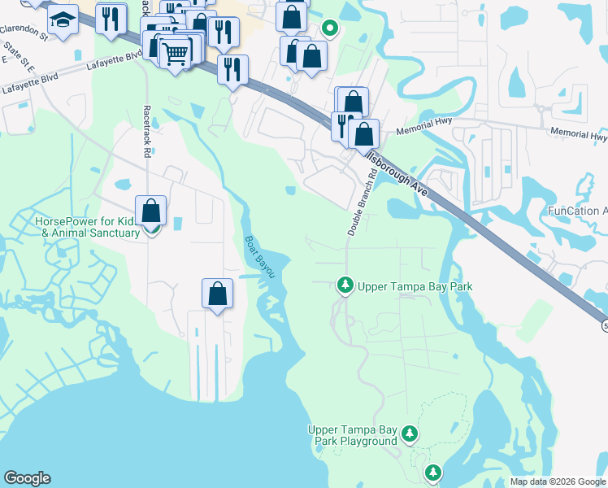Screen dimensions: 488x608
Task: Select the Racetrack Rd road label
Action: [147, 130]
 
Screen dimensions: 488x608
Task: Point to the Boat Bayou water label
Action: [260, 257]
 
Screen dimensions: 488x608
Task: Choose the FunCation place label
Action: [577, 211]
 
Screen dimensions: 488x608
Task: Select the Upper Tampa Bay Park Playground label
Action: [352, 435]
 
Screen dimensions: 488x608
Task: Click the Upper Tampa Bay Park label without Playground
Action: [415, 286]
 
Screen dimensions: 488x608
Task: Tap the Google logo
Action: [27, 478]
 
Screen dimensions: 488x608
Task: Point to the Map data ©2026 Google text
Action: [558, 481]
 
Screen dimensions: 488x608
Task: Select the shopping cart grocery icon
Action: [175, 54]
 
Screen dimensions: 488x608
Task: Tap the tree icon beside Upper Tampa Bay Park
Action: [345, 285]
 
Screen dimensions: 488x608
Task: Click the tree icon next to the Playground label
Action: [411, 434]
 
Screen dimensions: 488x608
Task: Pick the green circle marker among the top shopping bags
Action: [329, 28]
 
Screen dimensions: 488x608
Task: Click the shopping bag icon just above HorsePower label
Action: [151, 211]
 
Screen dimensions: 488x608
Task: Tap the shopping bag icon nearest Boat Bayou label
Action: [217, 294]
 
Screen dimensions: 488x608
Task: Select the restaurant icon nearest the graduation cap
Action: [111, 17]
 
